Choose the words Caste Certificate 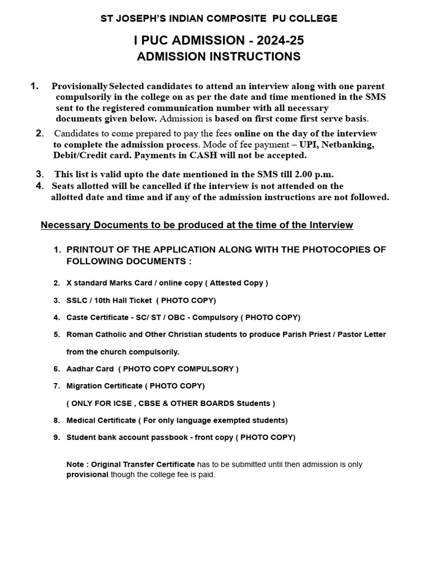[x=99, y=317]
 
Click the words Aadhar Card [x=90, y=369]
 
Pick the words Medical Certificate [x=101, y=420]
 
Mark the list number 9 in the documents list [x=56, y=438]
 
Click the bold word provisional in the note [x=87, y=475]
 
